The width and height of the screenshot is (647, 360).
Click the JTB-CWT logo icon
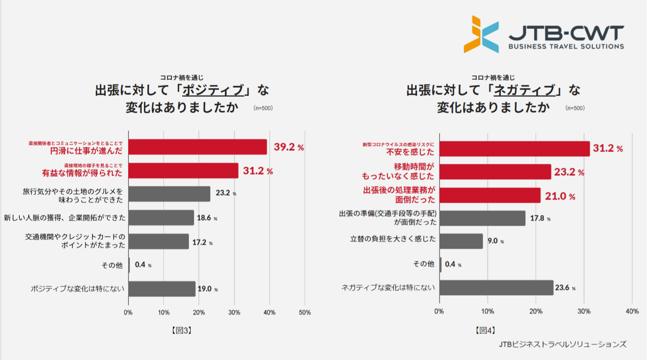[481, 35]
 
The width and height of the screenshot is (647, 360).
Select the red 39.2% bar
[197, 147]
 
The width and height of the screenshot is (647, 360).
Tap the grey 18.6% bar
[161, 218]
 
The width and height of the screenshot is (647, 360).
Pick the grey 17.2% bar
[158, 241]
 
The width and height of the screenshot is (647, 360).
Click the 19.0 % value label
[208, 289]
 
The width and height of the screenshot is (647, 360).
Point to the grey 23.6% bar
[496, 288]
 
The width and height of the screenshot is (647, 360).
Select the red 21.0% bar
[489, 195]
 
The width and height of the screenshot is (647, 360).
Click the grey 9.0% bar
[461, 241]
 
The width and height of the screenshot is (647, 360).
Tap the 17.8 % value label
[540, 218]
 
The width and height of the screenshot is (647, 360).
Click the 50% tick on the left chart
[305, 312]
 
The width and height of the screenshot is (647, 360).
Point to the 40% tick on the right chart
[632, 311]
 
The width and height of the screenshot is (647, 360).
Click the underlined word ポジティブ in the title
[213, 90]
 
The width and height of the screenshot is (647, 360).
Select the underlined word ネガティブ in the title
[524, 90]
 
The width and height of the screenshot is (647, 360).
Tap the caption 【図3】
[182, 330]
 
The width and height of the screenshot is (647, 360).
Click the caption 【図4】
[485, 330]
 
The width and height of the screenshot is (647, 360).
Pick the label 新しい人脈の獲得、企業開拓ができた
[65, 218]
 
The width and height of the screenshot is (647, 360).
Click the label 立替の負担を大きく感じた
[393, 239]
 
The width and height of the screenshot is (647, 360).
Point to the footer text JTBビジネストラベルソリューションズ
[562, 344]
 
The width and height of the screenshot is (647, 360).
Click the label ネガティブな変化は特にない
[388, 287]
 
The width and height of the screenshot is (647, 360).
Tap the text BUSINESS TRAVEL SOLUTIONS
[566, 46]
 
